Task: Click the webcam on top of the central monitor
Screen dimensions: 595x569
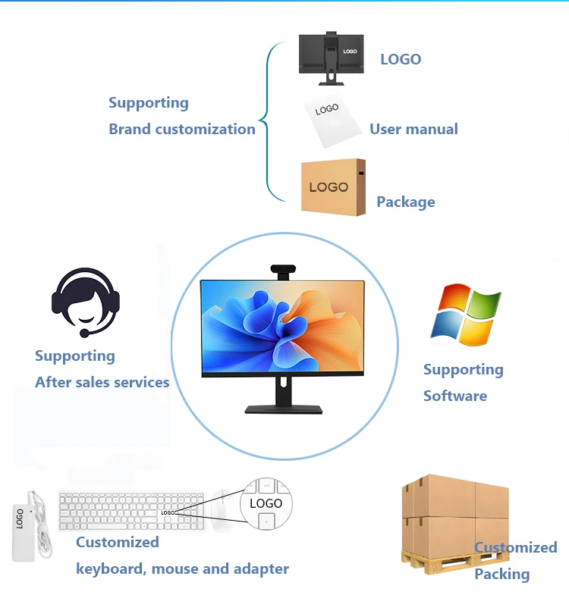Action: point(283,271)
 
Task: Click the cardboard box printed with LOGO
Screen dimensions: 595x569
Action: point(333,187)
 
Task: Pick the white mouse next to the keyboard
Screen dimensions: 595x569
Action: point(222,511)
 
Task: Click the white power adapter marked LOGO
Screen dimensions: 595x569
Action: point(25,523)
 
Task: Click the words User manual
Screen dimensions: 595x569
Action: point(413,130)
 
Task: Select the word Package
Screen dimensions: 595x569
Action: point(406,202)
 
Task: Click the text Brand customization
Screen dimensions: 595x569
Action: point(182,130)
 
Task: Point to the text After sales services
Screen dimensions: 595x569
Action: point(102,383)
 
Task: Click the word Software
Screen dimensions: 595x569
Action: point(455,396)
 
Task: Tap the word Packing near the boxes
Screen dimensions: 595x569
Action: point(501,574)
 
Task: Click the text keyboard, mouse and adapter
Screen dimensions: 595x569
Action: point(182,568)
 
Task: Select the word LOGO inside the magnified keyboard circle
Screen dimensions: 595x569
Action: point(266,503)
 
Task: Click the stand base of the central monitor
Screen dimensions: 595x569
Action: point(282,409)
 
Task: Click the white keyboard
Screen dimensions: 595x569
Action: point(130,512)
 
